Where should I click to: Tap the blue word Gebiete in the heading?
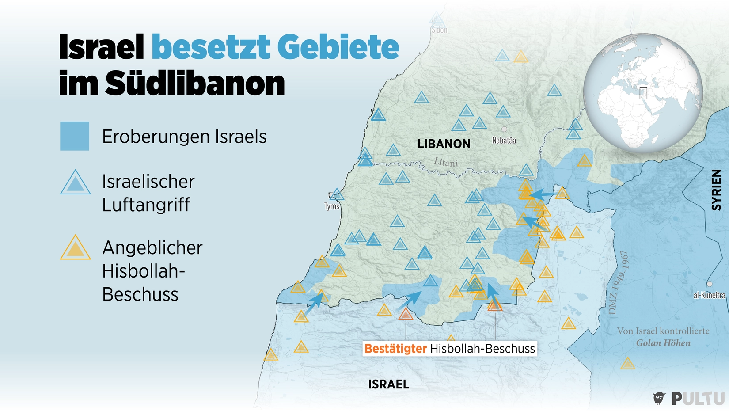point(338,47)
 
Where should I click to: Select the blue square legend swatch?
point(75,136)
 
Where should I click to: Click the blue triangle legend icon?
point(76,183)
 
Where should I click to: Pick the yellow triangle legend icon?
point(76,248)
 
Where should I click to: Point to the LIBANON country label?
point(444,144)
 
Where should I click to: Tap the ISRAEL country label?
point(389,384)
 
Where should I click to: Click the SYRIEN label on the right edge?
point(716,190)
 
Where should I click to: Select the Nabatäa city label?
point(504,141)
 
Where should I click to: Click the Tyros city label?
point(332,206)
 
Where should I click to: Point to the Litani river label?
point(446,162)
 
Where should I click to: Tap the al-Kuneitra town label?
point(709,295)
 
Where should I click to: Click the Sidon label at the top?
point(439,30)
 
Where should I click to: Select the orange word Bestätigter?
point(395,349)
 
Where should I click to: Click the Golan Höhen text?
point(663,343)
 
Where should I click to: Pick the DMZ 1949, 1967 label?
point(618,283)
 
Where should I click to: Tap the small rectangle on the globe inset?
point(643,93)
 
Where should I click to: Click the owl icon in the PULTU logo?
point(659,398)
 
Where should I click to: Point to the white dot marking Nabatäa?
point(504,129)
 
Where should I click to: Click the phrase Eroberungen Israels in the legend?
point(184,137)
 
